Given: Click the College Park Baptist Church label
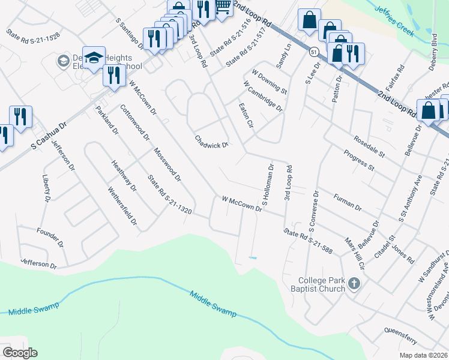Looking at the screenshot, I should pos(322,284).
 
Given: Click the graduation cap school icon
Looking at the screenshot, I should pos(94,58).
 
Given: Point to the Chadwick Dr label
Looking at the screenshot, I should pos(211,141).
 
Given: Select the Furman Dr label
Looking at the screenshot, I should pos(348,202).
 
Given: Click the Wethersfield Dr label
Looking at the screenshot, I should pos(122,208).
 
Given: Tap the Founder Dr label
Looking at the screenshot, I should pos(50,238).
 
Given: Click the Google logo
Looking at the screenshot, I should pos(20,352).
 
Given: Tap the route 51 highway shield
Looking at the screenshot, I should pos(315,52).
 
